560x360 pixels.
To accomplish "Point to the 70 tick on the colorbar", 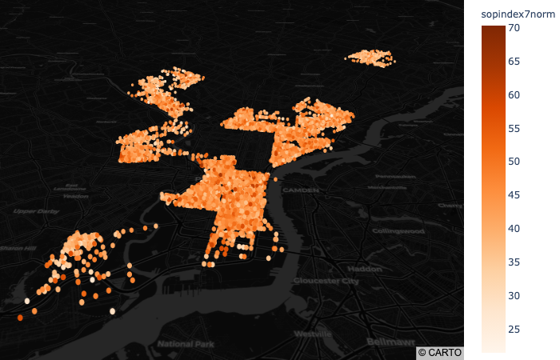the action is pyautogui.click(x=514, y=28).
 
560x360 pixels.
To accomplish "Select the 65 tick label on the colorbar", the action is pyautogui.click(x=514, y=62).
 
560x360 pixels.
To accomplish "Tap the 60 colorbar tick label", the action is pyautogui.click(x=514, y=95).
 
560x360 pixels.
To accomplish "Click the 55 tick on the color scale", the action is pyautogui.click(x=514, y=128).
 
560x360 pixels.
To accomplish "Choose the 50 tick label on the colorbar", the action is pyautogui.click(x=514, y=162).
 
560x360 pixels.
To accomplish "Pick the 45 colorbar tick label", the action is pyautogui.click(x=514, y=195).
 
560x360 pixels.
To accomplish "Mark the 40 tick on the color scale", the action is pyautogui.click(x=514, y=229).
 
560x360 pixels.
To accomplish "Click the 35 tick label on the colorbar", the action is pyautogui.click(x=514, y=262).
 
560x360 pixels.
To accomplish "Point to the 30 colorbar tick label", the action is pyautogui.click(x=514, y=295).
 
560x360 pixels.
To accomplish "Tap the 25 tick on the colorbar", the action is pyautogui.click(x=514, y=329).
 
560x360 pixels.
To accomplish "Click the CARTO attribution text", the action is pyautogui.click(x=439, y=352).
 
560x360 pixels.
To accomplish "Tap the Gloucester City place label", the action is pyautogui.click(x=326, y=281).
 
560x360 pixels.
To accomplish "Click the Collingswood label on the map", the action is pyautogui.click(x=398, y=230).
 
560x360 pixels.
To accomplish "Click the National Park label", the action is pyautogui.click(x=183, y=343).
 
